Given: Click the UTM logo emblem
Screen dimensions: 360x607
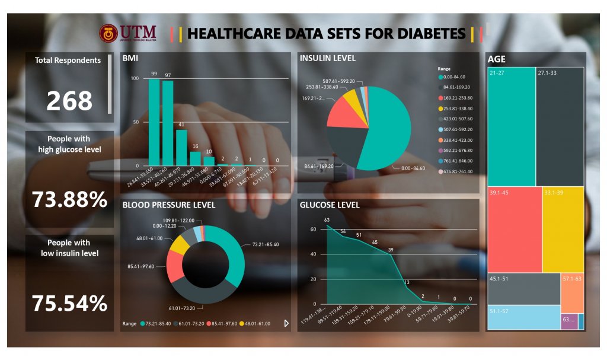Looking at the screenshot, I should pyautogui.click(x=108, y=33).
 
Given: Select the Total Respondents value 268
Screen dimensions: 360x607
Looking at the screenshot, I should pyautogui.click(x=69, y=101).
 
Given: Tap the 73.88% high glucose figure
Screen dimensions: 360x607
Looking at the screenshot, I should pyautogui.click(x=69, y=200).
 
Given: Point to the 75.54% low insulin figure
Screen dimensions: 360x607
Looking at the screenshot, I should pyautogui.click(x=69, y=304).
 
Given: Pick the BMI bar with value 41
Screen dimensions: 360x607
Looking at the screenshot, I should pyautogui.click(x=181, y=148).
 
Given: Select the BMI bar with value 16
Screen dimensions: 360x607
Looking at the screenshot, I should pyautogui.click(x=195, y=158).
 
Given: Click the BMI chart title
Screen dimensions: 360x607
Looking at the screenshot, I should pyautogui.click(x=130, y=59).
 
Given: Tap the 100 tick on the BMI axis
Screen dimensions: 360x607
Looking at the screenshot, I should pyautogui.click(x=135, y=79).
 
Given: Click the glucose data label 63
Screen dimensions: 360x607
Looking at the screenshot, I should pyautogui.click(x=327, y=220).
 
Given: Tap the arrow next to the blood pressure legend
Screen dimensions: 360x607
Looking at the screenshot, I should pyautogui.click(x=286, y=324).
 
